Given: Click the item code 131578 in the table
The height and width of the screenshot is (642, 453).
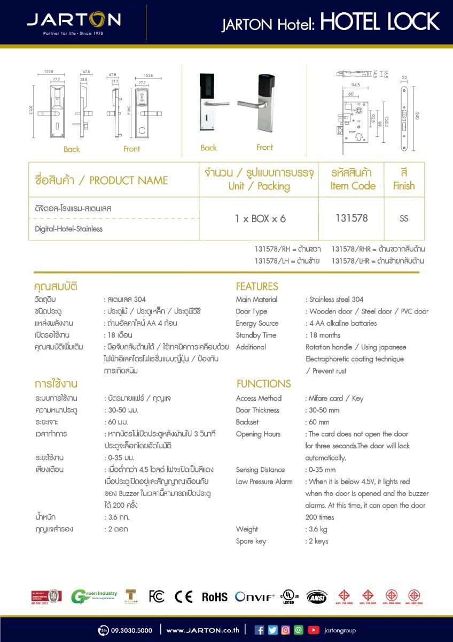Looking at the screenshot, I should pos(352,218).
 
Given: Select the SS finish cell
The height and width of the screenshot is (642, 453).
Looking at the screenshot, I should pos(404,218).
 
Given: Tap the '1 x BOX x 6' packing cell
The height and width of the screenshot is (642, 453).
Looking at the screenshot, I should pos(260,218).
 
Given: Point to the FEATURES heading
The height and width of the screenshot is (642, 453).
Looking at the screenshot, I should pos(257,286).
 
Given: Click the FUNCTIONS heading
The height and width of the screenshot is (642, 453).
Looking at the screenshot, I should pos(263,384).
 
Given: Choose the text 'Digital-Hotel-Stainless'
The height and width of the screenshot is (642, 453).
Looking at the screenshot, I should pos(68,228).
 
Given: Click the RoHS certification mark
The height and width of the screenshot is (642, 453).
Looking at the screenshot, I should pos(214,597).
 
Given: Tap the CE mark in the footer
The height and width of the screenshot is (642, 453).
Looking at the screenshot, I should pos(184,597).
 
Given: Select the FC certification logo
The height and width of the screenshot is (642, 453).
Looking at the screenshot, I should pos(157,597).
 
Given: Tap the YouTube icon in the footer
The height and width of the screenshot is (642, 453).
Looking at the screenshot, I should pos(314,630).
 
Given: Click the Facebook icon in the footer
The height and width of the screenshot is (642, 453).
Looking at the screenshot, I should pos(260,630).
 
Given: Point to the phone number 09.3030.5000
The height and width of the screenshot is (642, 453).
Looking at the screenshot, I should pos(131,630).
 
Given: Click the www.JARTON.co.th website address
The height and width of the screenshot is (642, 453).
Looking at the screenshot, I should pos(202,630).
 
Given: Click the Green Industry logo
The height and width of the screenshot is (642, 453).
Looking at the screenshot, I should pos(93,597).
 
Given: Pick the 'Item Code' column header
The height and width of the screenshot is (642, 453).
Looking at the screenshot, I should pos(353,186).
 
